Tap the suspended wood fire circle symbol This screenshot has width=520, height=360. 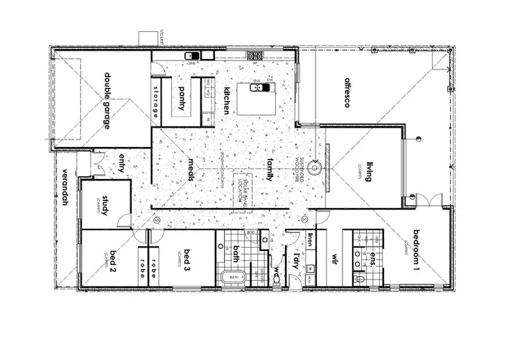(x=315, y=167)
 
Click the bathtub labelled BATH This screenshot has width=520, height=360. (x=232, y=277)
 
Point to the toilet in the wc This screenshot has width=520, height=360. (x=277, y=279)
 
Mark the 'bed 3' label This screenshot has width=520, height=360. (x=187, y=257)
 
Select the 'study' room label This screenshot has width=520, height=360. (x=105, y=206)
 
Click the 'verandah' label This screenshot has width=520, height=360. (x=67, y=187)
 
